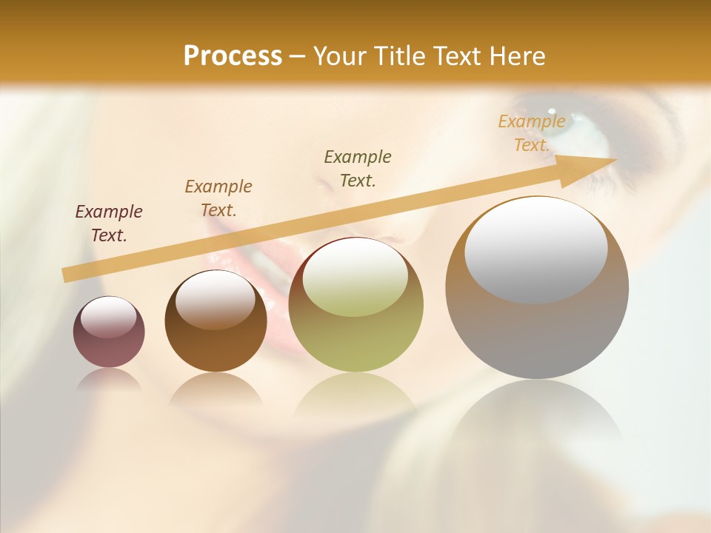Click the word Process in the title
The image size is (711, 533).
(x=233, y=56)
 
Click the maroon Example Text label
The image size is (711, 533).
(x=109, y=223)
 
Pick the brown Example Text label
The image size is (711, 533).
(x=218, y=198)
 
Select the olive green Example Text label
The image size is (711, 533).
(x=358, y=168)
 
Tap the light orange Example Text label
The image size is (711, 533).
(x=532, y=133)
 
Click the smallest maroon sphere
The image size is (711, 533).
(x=109, y=344)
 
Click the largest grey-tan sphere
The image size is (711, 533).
(x=537, y=333)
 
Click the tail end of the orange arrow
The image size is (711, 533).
(x=67, y=275)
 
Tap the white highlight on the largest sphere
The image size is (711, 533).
(x=536, y=249)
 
